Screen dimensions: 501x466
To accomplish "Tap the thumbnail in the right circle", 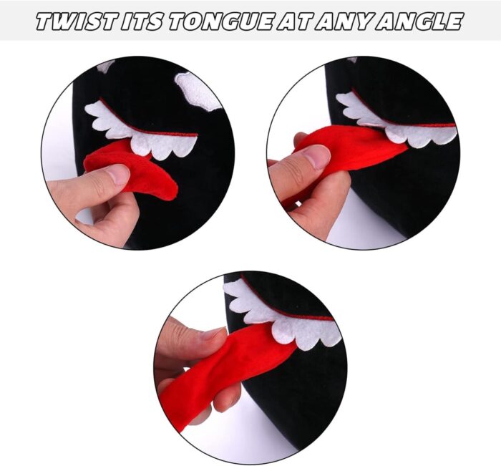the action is (316, 157).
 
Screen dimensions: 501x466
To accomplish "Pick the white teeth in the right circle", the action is (397, 123).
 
